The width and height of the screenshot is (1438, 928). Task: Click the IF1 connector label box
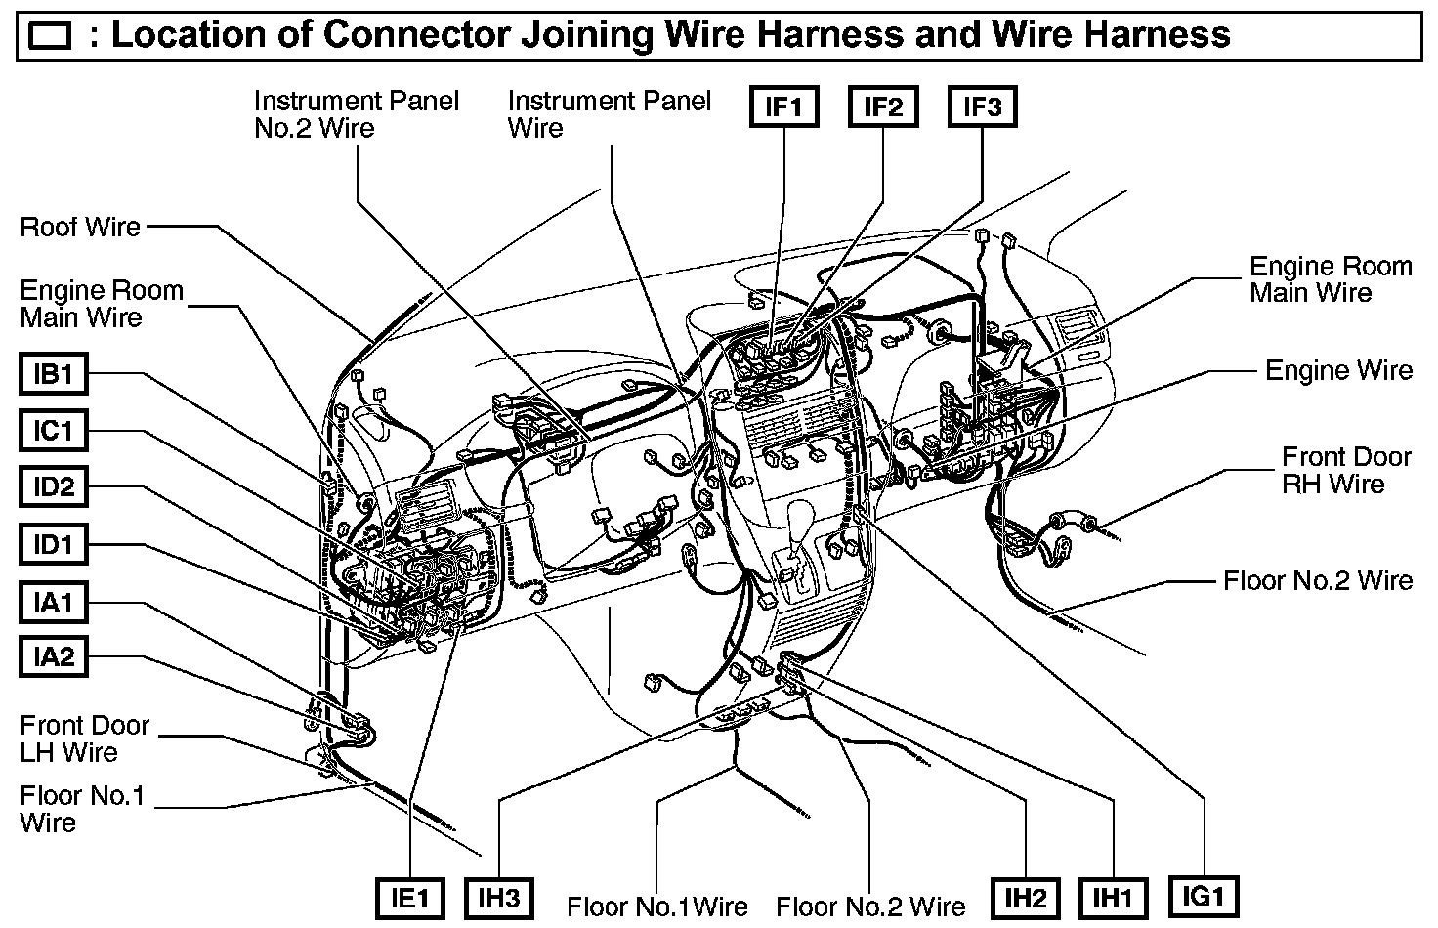tap(783, 106)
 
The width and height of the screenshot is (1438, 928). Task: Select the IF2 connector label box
tap(883, 106)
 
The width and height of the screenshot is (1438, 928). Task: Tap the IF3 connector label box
tap(982, 106)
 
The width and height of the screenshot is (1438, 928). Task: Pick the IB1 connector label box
tap(54, 373)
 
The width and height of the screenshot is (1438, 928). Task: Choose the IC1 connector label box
tap(54, 430)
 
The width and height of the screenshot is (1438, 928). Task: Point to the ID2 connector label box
tap(54, 486)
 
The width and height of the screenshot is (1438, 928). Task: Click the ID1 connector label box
tap(54, 544)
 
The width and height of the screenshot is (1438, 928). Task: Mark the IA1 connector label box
tap(54, 602)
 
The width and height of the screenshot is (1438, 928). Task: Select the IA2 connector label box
tap(54, 656)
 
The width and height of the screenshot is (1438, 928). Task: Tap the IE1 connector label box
tap(409, 898)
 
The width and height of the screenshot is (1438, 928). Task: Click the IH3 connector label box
tap(498, 898)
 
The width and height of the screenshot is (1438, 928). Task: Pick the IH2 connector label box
tap(1025, 898)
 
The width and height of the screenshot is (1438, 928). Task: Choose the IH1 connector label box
tap(1113, 898)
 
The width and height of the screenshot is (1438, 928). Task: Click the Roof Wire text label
tap(80, 228)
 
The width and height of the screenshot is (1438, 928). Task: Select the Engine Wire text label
tap(1338, 370)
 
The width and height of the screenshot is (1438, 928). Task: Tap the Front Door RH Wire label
tap(1346, 471)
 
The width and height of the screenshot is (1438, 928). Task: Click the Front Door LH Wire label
tap(84, 738)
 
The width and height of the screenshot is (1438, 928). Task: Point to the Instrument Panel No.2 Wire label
tap(356, 114)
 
